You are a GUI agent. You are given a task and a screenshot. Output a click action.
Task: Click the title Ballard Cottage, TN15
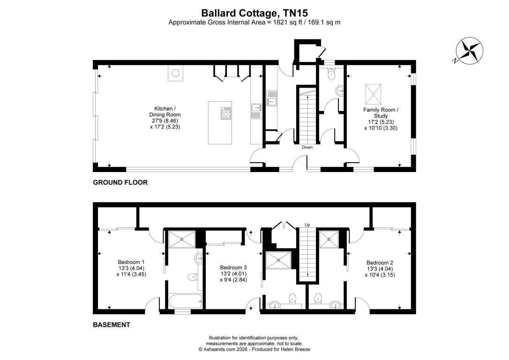254,13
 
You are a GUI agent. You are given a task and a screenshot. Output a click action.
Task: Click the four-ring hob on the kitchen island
226,113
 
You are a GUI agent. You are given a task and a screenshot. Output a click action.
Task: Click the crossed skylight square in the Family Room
374,94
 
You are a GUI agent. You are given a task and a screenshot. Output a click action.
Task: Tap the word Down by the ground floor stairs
307,147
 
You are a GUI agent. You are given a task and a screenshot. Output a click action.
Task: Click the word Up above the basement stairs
307,225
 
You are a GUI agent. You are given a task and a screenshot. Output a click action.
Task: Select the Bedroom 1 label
131,268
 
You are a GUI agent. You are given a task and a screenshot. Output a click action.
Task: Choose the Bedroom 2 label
380,269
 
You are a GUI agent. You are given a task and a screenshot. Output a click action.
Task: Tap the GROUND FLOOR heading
120,183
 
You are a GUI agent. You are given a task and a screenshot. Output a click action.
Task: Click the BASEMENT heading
111,324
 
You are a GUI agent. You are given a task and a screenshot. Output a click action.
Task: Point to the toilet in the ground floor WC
332,74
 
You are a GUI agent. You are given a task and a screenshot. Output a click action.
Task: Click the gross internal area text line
254,22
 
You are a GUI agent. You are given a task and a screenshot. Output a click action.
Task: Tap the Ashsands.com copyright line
254,349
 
